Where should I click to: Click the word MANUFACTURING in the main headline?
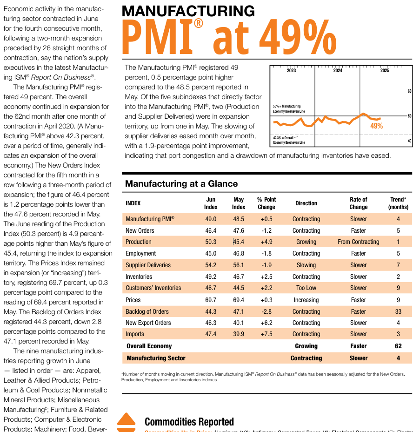click(x=188, y=11)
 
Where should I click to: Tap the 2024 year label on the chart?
click(x=338, y=71)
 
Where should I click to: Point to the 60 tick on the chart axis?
click(x=409, y=91)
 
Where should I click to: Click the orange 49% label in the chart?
click(x=376, y=126)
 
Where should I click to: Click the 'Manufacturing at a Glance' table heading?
click(x=181, y=183)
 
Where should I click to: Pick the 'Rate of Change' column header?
click(x=359, y=203)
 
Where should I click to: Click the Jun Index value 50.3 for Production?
click(x=211, y=242)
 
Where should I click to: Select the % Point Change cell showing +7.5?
click(x=266, y=334)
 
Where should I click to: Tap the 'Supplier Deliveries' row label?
click(x=148, y=265)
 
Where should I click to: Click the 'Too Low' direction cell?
click(x=306, y=288)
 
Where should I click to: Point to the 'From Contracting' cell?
click(x=358, y=242)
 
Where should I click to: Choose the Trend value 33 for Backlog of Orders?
click(x=398, y=311)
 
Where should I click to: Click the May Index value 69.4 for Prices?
click(x=239, y=300)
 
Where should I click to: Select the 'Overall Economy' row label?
click(x=149, y=346)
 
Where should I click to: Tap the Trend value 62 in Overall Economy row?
click(x=398, y=346)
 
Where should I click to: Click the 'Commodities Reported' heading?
click(x=189, y=422)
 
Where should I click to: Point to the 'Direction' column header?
click(x=306, y=203)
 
